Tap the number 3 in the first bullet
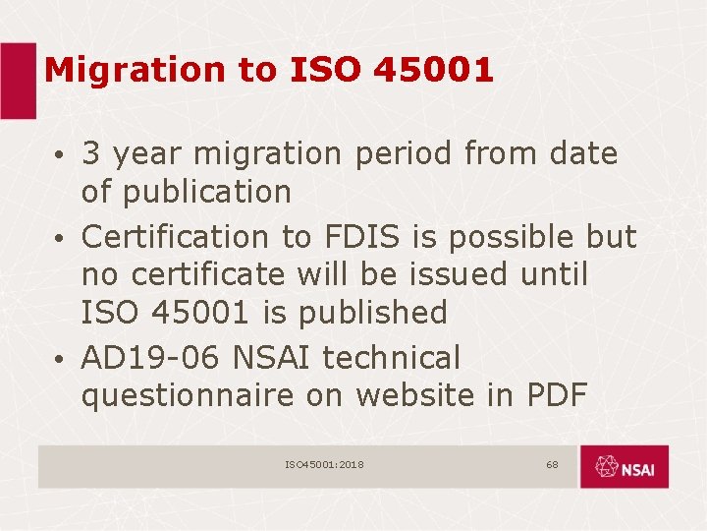click(92, 153)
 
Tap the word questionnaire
click(188, 396)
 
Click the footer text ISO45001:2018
click(324, 464)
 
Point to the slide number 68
click(552, 464)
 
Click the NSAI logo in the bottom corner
click(624, 467)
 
